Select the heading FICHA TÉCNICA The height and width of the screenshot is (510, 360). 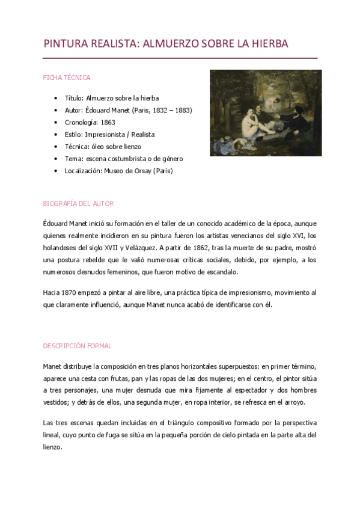point(67,78)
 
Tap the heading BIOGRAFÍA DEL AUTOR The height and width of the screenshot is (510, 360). point(78,204)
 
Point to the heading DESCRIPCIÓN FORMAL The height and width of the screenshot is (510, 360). point(77,346)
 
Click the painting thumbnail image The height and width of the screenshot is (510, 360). point(266,113)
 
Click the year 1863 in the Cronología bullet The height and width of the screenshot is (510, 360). point(109,123)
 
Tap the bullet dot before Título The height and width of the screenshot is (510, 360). point(55,98)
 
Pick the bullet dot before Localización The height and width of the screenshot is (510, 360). point(55,171)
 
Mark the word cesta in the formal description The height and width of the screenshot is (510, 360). point(100,378)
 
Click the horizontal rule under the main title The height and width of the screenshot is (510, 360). point(180,58)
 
